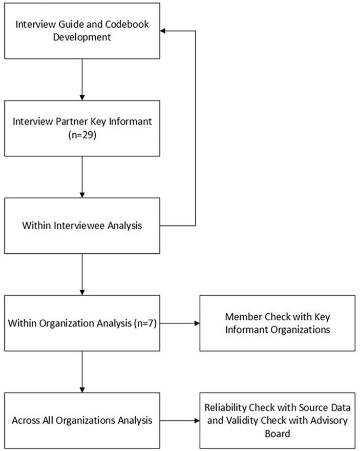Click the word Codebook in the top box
(x=127, y=24)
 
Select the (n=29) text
(x=82, y=135)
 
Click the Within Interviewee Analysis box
(x=82, y=226)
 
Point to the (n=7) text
(x=145, y=323)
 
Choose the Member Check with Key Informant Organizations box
(x=278, y=323)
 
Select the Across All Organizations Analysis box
(x=82, y=421)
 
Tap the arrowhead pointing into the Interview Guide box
(x=163, y=31)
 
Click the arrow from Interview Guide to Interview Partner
(x=82, y=79)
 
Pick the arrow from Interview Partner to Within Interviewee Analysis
(x=82, y=177)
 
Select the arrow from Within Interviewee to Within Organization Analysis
(x=82, y=274)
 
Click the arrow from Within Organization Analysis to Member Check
(x=180, y=323)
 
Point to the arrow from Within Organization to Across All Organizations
(x=82, y=372)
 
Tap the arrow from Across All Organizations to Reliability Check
(x=180, y=421)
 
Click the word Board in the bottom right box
(x=278, y=434)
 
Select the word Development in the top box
(x=82, y=37)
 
